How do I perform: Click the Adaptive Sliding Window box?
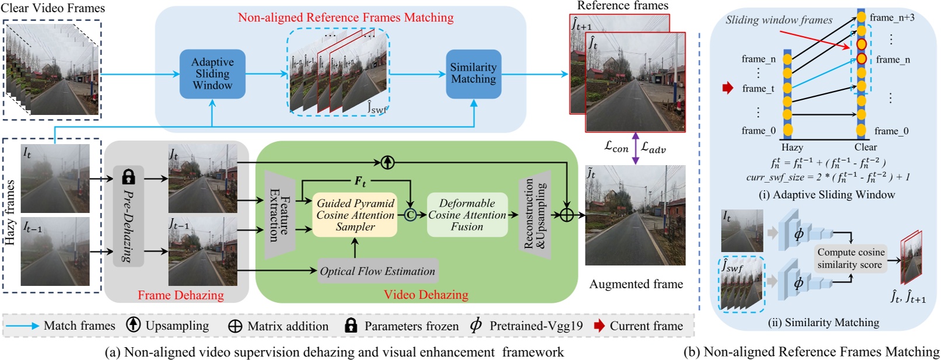click(212, 74)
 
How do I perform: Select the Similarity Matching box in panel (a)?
click(473, 74)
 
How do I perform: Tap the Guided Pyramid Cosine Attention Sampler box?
click(355, 215)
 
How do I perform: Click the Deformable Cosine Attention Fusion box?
click(467, 215)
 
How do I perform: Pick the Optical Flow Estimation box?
click(378, 271)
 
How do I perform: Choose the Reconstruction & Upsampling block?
click(535, 215)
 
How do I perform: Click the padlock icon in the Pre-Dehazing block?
click(128, 177)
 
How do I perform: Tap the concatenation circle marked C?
click(410, 215)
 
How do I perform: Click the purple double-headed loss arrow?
click(635, 148)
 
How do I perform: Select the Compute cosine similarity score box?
click(851, 258)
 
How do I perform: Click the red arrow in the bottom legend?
click(600, 326)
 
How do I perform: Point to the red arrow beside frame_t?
click(727, 88)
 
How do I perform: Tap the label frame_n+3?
click(892, 18)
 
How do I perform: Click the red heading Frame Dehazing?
click(180, 295)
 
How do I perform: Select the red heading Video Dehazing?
click(426, 295)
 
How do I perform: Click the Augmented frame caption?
click(636, 284)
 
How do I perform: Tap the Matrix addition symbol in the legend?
click(235, 326)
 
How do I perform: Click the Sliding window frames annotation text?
click(779, 20)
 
